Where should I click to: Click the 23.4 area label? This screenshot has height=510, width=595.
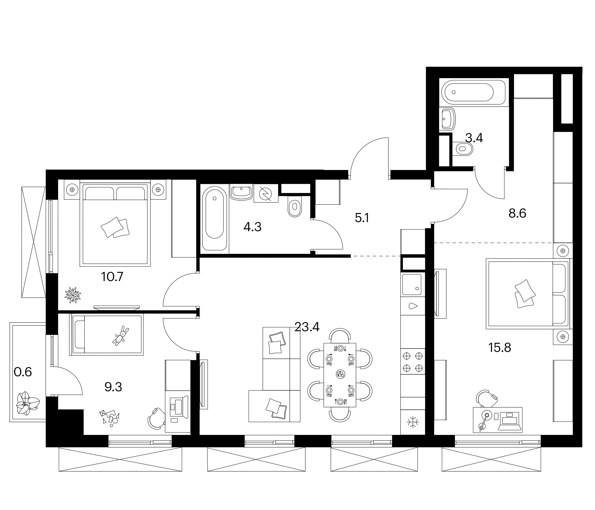[307, 327]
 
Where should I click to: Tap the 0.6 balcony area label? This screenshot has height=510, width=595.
[23, 372]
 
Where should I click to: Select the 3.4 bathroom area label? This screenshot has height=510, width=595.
[474, 139]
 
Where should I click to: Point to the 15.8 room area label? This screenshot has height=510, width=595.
[500, 348]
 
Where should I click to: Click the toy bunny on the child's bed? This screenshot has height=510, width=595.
[121, 336]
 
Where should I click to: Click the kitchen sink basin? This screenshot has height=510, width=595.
[412, 284]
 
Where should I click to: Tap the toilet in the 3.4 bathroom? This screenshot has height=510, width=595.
[462, 149]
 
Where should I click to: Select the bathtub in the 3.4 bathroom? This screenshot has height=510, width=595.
[472, 92]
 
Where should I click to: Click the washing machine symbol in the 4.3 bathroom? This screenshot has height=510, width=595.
[266, 194]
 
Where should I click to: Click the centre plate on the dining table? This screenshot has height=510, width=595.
[340, 374]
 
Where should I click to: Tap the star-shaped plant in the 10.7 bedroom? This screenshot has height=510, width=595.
[73, 295]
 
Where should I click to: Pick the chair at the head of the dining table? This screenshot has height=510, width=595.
[340, 335]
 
